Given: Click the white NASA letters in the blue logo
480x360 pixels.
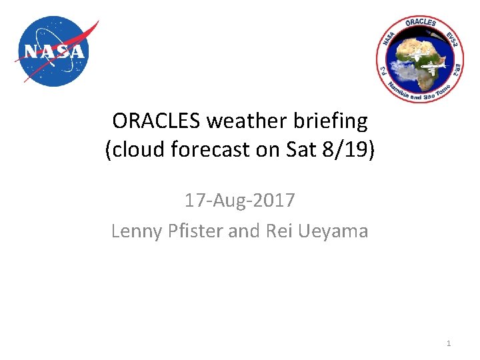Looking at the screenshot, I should [x=55, y=51].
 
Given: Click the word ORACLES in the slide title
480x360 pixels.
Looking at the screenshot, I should [x=157, y=121].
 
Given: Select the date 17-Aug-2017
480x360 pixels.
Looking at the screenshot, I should [x=239, y=199].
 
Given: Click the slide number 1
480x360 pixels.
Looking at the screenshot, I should [x=449, y=343].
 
